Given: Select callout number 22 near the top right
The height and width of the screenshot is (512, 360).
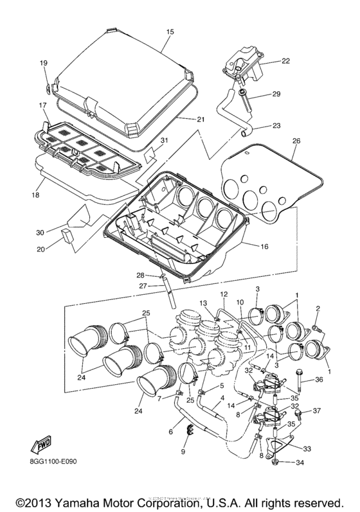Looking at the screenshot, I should coord(285,61).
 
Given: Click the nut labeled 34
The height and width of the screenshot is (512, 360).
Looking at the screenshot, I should coord(274,461).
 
